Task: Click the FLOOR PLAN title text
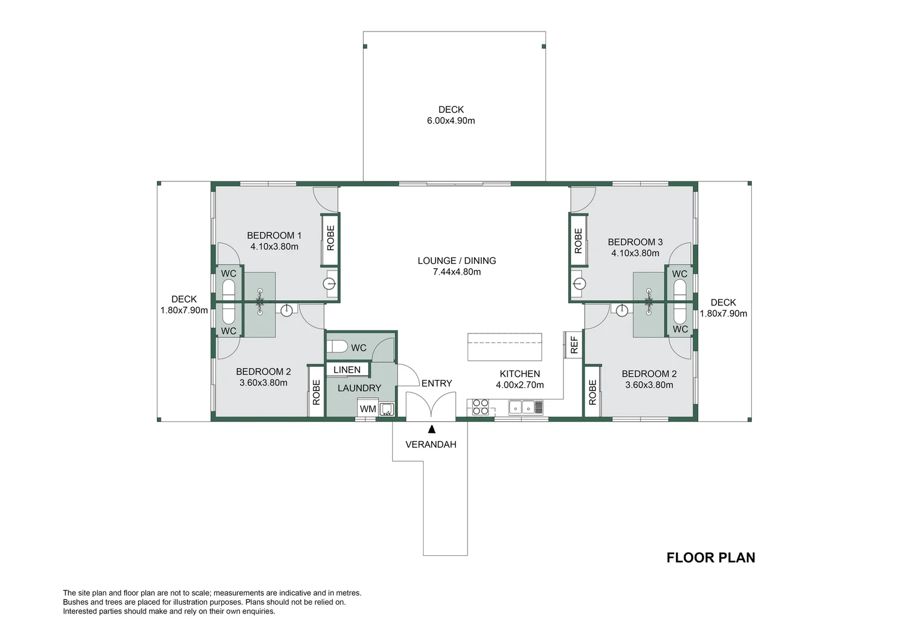[710, 558]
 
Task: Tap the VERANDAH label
[431, 444]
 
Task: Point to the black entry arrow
[431, 428]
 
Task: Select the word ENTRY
[437, 383]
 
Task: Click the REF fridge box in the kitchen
[574, 345]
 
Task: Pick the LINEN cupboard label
[347, 370]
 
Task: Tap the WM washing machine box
[368, 409]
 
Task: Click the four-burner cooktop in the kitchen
[481, 407]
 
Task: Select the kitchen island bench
[504, 347]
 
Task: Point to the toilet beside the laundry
[338, 347]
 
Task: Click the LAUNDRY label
[359, 388]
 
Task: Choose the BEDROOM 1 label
[274, 235]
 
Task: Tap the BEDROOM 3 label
[635, 242]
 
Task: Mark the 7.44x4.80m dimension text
[457, 272]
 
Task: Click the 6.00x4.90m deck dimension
[451, 121]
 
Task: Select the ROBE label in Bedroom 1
[331, 238]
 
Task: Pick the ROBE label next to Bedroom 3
[578, 241]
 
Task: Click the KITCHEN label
[520, 374]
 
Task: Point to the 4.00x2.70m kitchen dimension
[520, 385]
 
